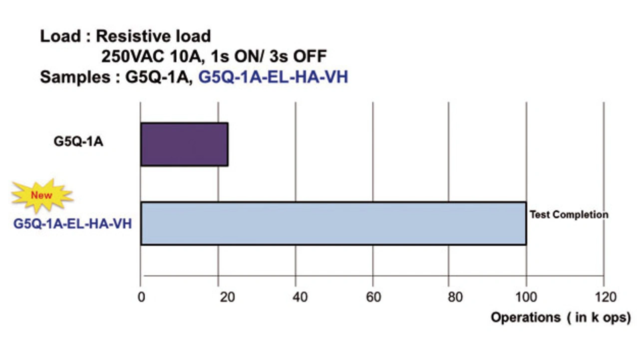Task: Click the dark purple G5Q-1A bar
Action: point(184,144)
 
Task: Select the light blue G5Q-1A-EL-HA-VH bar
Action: point(333,223)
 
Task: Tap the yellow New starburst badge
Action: point(42,195)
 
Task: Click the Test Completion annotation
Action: point(569,215)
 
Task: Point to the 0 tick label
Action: point(141,297)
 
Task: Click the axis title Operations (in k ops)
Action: point(561,318)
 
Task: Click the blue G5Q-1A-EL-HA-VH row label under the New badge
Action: point(72,223)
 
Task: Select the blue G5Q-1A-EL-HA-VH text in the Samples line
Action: point(273,77)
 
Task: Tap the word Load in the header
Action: point(57,36)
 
